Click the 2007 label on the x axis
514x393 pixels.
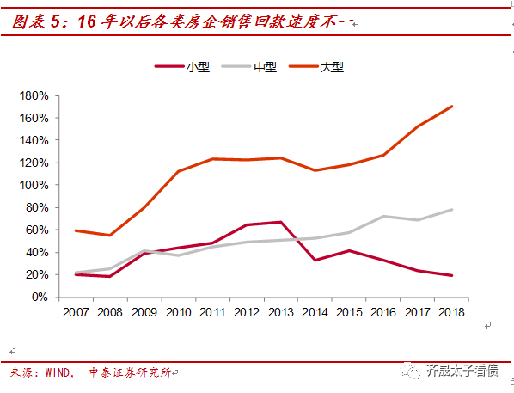[x=76, y=313]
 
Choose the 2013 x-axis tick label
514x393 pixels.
[x=280, y=313]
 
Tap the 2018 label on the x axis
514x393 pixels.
[x=451, y=313]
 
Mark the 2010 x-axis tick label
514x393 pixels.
[x=178, y=313]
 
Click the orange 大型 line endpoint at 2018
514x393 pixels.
[x=452, y=107]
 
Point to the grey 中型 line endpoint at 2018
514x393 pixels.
[x=452, y=210]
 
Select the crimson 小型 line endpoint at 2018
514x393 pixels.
[x=452, y=275]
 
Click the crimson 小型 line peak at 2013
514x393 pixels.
[x=281, y=222]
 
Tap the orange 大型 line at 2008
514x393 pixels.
[x=110, y=235]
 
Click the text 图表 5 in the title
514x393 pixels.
[x=39, y=22]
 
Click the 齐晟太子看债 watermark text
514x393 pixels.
[x=462, y=371]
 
